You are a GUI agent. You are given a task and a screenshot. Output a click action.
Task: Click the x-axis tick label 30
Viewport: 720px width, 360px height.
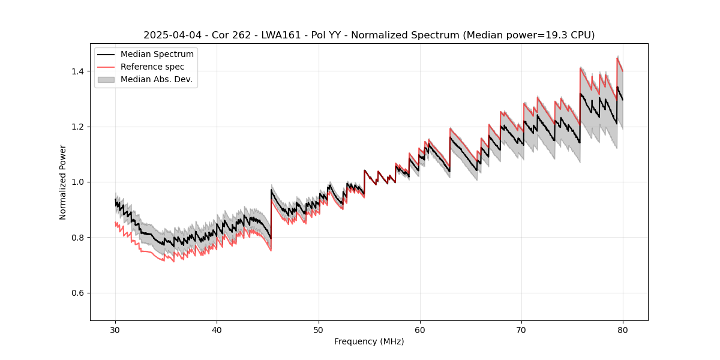[115, 329]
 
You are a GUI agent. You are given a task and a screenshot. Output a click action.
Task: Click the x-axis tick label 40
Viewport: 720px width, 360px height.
[217, 329]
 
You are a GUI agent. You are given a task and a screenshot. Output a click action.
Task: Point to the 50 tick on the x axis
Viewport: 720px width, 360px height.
[318, 329]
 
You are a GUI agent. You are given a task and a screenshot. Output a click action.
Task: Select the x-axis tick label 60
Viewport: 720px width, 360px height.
[419, 329]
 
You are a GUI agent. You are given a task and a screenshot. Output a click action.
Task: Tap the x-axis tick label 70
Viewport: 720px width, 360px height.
[521, 329]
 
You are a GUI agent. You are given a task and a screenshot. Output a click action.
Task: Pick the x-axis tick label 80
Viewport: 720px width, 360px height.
[622, 329]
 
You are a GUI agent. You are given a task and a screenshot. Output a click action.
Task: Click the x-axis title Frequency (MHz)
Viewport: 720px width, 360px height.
[369, 341]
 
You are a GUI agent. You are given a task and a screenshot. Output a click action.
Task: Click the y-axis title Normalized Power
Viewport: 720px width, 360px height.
[63, 182]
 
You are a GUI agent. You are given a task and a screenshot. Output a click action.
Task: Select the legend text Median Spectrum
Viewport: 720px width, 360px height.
[157, 55]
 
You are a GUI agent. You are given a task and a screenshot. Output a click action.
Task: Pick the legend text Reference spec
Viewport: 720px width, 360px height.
[152, 67]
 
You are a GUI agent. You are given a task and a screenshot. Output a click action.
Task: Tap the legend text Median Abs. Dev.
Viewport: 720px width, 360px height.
[157, 79]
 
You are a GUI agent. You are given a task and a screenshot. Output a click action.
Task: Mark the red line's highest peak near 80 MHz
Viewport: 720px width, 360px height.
[617, 58]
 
